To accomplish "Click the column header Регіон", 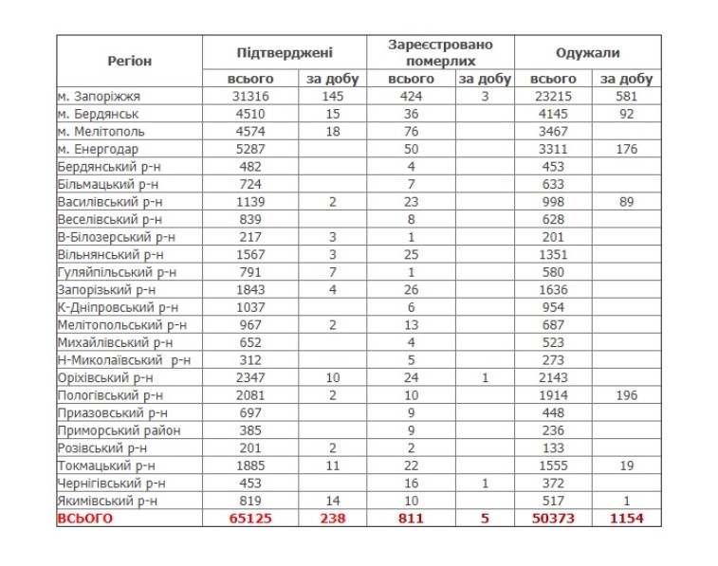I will click(x=129, y=61).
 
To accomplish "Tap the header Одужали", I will click(x=588, y=52).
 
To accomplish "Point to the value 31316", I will click(x=251, y=97).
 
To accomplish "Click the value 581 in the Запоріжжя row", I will click(x=626, y=97).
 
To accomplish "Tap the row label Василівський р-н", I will click(x=109, y=202).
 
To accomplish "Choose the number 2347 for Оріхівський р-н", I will click(x=251, y=377).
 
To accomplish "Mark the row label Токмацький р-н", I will click(x=107, y=465).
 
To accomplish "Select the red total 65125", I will click(x=251, y=518).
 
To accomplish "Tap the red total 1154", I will click(x=626, y=518).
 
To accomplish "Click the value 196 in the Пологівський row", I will click(x=626, y=394).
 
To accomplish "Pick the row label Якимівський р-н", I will click(x=108, y=500).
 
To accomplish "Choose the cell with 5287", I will click(x=251, y=149).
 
